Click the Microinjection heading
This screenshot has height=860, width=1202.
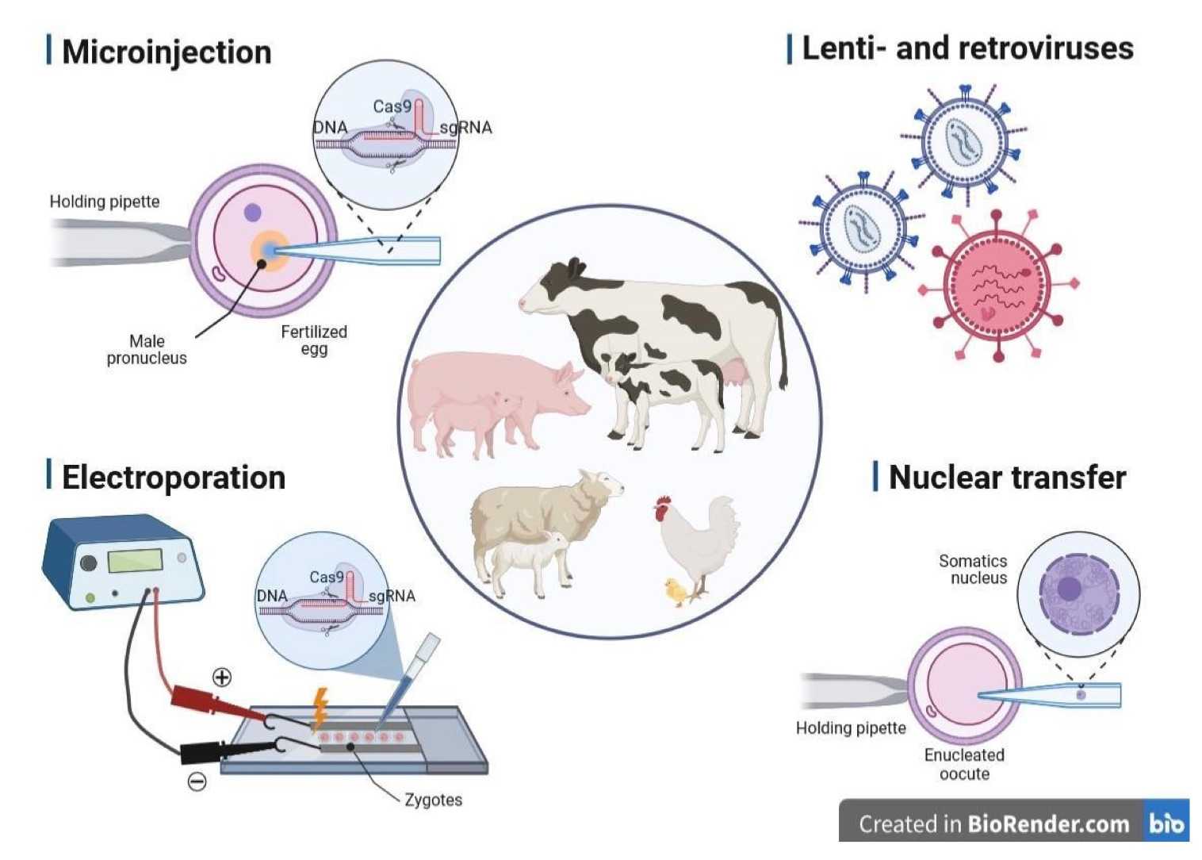point(166,52)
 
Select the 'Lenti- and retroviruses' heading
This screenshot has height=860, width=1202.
point(967,48)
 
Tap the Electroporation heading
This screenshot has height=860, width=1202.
point(173,478)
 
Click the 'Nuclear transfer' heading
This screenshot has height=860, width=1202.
point(1006,478)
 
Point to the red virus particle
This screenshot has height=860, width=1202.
point(997,286)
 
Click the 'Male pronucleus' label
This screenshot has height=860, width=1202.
point(147,350)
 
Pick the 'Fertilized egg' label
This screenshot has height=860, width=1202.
point(314,340)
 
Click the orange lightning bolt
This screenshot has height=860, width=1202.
point(320,708)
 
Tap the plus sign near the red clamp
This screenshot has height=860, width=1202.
point(222,677)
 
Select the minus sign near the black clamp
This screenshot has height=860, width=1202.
point(197,781)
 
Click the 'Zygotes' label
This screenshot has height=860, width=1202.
point(433,800)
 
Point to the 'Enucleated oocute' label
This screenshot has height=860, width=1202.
point(964,764)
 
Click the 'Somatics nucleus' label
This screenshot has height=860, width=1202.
point(974,570)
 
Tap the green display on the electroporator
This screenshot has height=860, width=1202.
point(135,561)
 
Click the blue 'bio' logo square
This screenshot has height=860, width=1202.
point(1166,824)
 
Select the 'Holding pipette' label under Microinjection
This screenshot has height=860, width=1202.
point(105,202)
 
